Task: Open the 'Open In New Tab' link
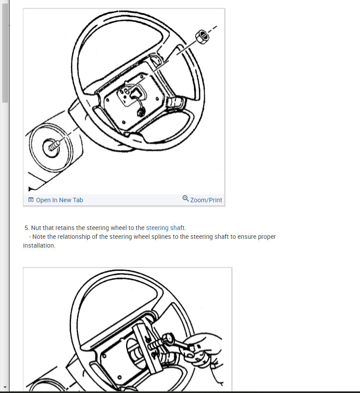(x=59, y=200)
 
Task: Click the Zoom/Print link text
(x=206, y=200)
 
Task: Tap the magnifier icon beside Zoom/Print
(x=186, y=199)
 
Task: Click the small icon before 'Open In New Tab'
(x=31, y=200)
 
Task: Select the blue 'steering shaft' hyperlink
(x=165, y=228)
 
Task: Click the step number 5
(x=27, y=228)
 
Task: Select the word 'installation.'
(x=39, y=245)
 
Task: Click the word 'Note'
(x=40, y=237)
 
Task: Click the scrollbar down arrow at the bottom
(x=5, y=387)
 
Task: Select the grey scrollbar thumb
(x=5, y=53)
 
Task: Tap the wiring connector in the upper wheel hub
(x=140, y=112)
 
